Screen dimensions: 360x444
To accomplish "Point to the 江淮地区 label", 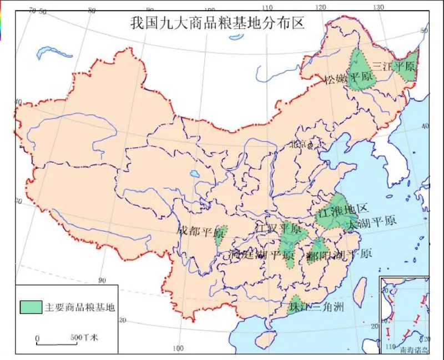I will tap(342, 210).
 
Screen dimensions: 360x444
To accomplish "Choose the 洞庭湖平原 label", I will tap(261, 256).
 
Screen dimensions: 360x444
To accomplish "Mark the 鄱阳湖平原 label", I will tap(339, 255).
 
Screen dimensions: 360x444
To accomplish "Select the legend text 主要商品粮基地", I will tap(79, 307).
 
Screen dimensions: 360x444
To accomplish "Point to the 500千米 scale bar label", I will tap(84, 337).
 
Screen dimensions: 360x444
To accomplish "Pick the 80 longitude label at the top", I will tap(92, 10).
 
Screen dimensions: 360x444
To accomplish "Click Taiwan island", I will tap(360, 288).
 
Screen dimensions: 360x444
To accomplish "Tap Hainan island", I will tap(268, 338).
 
